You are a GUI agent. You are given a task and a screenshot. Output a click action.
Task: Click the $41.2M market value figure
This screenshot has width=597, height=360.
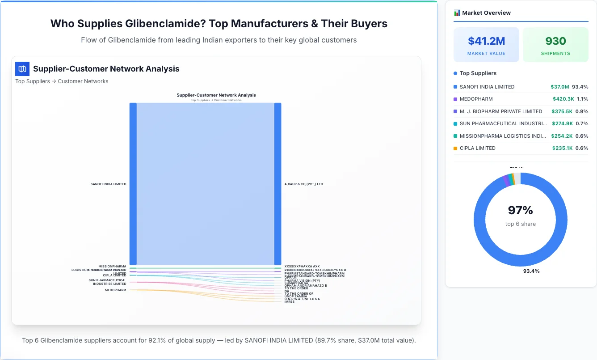pos(486,41)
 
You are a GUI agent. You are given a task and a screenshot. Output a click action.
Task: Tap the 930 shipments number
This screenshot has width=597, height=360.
pos(555,41)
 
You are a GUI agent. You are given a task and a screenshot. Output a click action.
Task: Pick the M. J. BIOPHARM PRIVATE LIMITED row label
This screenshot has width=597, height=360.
pos(500,111)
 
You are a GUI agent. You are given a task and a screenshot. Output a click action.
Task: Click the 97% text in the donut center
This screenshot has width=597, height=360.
pos(520,210)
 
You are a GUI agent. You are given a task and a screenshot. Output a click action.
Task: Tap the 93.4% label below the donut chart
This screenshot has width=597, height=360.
pos(531,271)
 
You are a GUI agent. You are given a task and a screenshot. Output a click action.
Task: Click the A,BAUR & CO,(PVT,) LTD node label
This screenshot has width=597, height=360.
pos(303,184)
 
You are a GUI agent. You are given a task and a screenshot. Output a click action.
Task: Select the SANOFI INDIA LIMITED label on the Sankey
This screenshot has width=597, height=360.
pos(108,184)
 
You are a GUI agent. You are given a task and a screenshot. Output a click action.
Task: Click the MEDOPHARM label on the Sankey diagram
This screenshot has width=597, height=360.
pos(115,290)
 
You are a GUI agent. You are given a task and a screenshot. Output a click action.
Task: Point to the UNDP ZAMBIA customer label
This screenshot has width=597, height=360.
pos(295,296)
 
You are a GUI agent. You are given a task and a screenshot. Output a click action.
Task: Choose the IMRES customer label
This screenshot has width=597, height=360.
pos(290,302)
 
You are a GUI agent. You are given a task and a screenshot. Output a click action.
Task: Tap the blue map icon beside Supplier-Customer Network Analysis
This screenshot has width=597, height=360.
pos(22,69)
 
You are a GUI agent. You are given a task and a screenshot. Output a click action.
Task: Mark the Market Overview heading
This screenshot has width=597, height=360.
pos(486,13)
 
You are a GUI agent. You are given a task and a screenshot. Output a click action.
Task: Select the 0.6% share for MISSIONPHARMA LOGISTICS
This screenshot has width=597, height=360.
pos(582,136)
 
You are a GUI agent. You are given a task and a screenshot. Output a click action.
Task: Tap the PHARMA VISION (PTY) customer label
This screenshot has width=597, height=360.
pos(302,280)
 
